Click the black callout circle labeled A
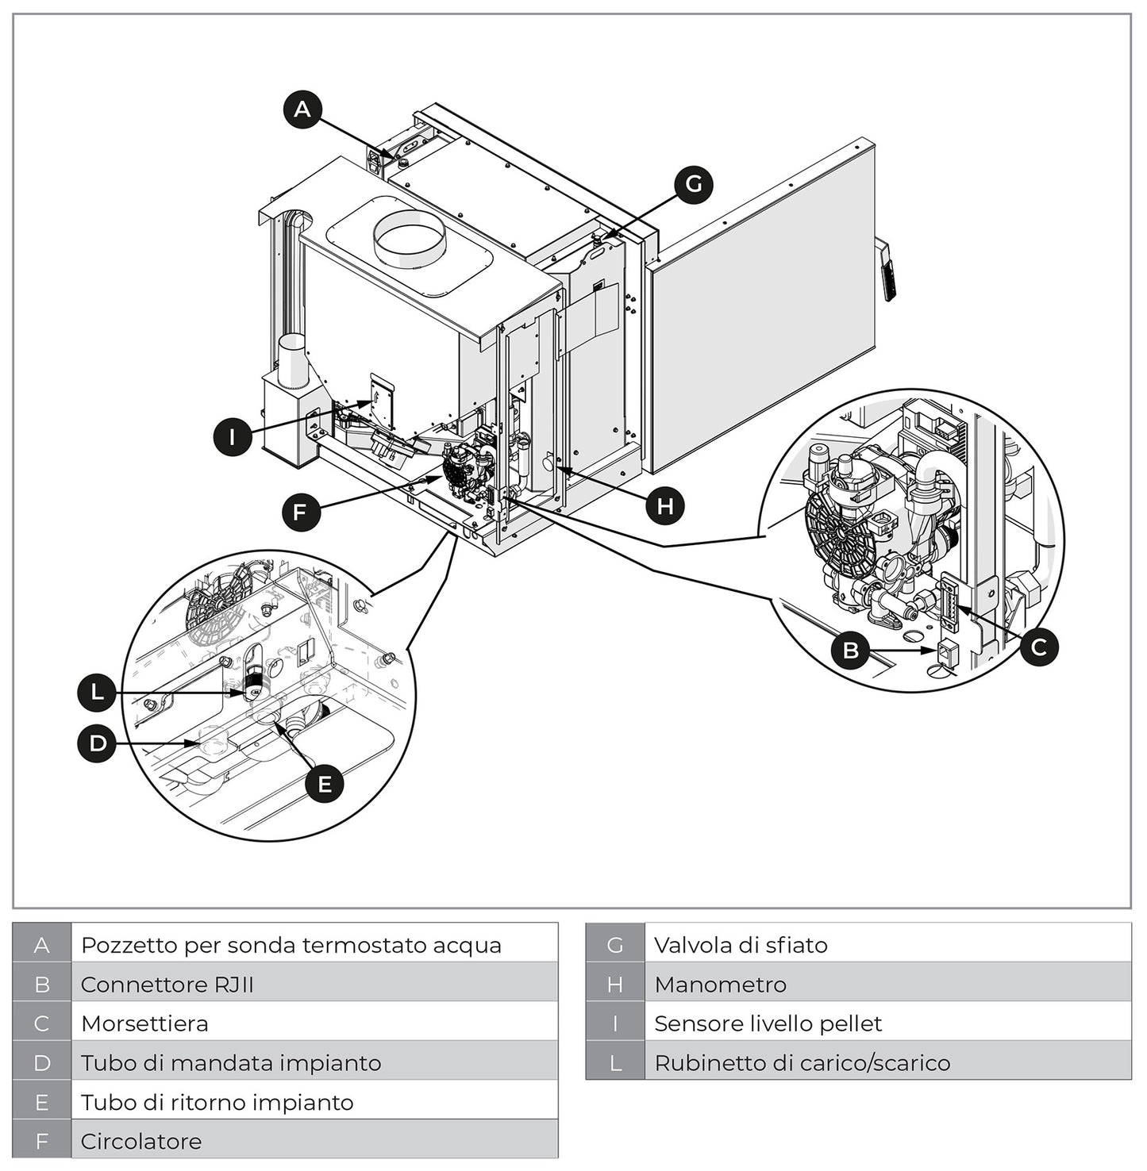pyautogui.click(x=302, y=109)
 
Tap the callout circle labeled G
pyautogui.click(x=693, y=184)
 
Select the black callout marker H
pyautogui.click(x=665, y=505)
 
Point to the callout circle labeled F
pyautogui.click(x=301, y=513)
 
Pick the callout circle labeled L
pyautogui.click(x=97, y=693)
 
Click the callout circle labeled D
pyautogui.click(x=97, y=743)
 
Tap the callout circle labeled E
pyautogui.click(x=325, y=784)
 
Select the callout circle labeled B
pyautogui.click(x=851, y=651)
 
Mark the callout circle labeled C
pyautogui.click(x=1038, y=647)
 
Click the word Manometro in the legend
pyautogui.click(x=720, y=985)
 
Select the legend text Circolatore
pyautogui.click(x=141, y=1142)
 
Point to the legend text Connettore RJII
pyautogui.click(x=167, y=985)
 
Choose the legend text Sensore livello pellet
pyautogui.click(x=768, y=1023)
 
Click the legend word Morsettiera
pyautogui.click(x=144, y=1023)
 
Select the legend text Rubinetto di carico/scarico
pyautogui.click(x=802, y=1063)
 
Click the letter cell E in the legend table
pyautogui.click(x=42, y=1102)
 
